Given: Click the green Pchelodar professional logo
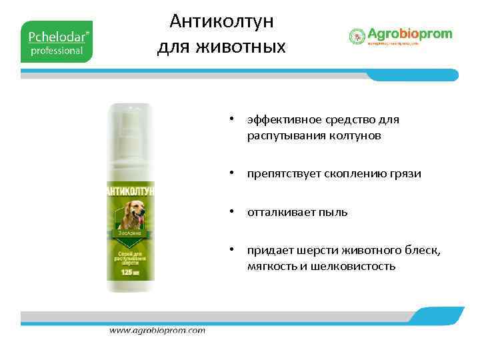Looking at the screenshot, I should click(x=57, y=41).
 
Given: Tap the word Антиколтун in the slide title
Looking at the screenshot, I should click(x=221, y=21).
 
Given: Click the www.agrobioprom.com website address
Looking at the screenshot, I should click(x=157, y=330).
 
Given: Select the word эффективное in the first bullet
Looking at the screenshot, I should click(x=283, y=120).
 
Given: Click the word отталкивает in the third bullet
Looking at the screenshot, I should click(x=278, y=213).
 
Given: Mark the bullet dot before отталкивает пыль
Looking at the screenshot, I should click(x=230, y=213).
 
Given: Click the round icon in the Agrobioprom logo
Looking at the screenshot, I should click(x=357, y=36).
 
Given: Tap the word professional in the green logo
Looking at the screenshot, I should click(x=57, y=50).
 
